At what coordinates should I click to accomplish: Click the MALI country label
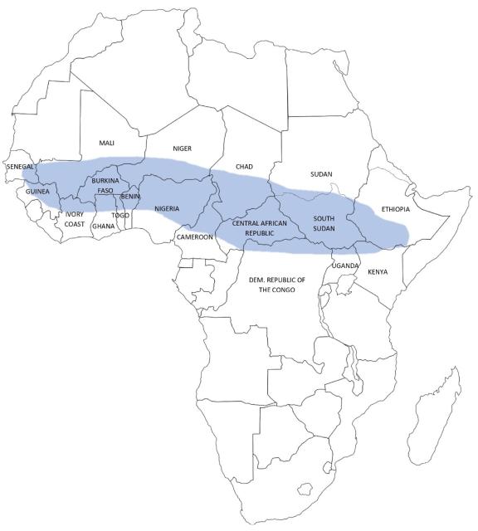coord(106,144)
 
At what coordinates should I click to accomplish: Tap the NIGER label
coord(182,149)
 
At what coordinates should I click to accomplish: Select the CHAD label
coord(244,167)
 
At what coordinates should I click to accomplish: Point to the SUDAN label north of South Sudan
coord(320,174)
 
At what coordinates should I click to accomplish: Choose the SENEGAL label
coord(20,167)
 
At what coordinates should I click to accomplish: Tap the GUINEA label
coord(37,192)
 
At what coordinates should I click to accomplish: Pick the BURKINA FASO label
coord(105,185)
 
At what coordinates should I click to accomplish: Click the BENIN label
coord(130,197)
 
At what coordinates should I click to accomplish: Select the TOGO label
coord(121,216)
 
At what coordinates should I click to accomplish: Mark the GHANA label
coord(103,226)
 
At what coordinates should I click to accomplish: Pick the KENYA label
coord(378,272)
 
